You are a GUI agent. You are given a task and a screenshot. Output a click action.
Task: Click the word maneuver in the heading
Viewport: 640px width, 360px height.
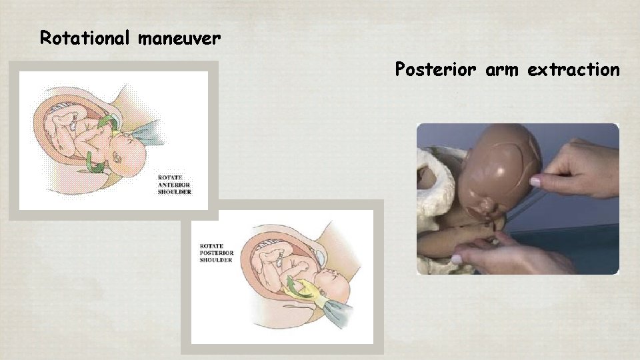(x=179, y=39)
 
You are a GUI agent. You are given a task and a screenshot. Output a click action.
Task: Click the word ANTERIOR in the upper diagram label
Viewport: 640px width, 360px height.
(x=175, y=185)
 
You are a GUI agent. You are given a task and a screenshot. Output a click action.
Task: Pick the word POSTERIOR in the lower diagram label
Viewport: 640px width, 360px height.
(x=217, y=253)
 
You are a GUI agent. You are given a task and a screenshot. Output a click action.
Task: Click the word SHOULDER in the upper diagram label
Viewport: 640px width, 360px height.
(x=175, y=192)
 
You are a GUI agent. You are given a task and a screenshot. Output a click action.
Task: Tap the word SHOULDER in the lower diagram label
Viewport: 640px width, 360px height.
(x=216, y=260)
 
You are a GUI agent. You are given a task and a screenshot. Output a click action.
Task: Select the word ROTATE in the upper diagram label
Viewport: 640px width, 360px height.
(x=169, y=177)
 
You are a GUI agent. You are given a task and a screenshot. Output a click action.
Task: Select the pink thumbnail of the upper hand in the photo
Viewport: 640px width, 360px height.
(x=535, y=181)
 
